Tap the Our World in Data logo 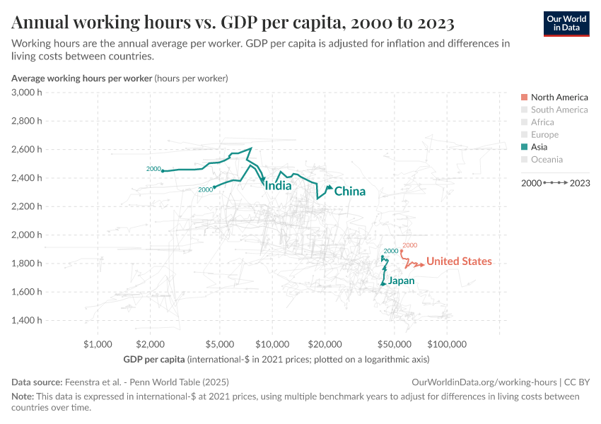pyautogui.click(x=566, y=23)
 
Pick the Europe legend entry pyautogui.click(x=544, y=134)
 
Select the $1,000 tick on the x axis pyautogui.click(x=98, y=344)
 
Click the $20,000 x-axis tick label pyautogui.click(x=325, y=344)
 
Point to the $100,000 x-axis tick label pyautogui.click(x=447, y=344)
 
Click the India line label pyautogui.click(x=278, y=187)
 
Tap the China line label pyautogui.click(x=349, y=192)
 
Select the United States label pyautogui.click(x=459, y=261)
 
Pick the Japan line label pyautogui.click(x=401, y=281)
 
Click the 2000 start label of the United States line pyautogui.click(x=409, y=245)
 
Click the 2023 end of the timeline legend pyautogui.click(x=578, y=183)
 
